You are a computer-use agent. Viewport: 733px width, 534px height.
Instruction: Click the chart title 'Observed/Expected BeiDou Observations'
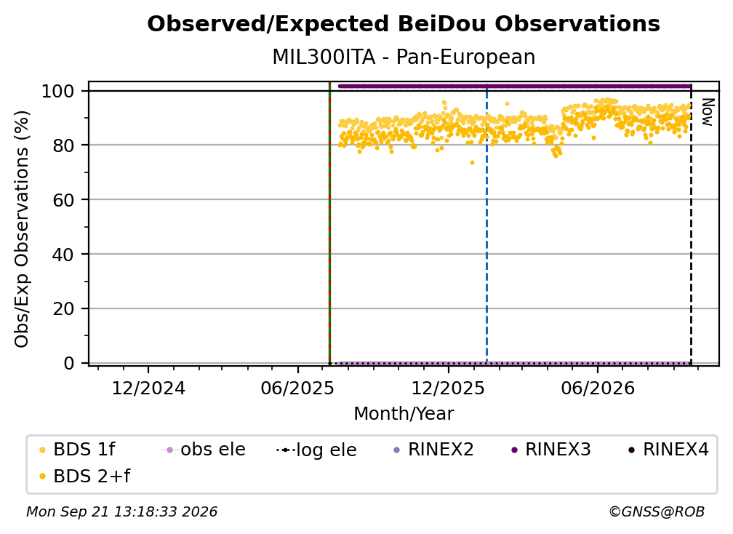(404, 24)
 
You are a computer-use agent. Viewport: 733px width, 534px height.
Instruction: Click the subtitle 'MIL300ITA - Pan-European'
(404, 57)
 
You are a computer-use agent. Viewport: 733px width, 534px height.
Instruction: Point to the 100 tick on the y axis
(58, 91)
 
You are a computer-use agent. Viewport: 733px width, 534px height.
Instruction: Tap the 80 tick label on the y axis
(63, 146)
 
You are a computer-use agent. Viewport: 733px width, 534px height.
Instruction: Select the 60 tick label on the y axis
(63, 200)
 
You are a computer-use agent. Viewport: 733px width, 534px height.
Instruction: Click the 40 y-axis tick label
(63, 255)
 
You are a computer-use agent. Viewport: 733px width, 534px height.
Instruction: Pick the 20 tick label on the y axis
(63, 309)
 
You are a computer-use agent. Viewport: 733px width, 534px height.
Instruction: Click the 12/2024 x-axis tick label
(148, 388)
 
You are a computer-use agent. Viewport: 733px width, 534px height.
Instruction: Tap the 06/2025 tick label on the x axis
(298, 388)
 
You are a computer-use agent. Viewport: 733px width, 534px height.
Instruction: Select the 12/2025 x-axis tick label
(448, 388)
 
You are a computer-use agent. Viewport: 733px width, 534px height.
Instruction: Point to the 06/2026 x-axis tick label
(598, 388)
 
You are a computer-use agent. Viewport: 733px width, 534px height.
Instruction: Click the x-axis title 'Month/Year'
(404, 414)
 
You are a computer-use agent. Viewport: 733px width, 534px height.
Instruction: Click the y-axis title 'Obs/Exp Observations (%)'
(22, 228)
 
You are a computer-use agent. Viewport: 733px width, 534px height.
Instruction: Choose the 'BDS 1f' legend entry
(77, 450)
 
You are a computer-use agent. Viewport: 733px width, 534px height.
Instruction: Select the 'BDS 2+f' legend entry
(84, 477)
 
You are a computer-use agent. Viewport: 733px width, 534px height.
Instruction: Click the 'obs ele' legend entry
(204, 450)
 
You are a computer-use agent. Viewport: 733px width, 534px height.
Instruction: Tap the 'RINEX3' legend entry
(551, 450)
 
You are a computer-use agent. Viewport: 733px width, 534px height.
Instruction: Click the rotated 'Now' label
(708, 112)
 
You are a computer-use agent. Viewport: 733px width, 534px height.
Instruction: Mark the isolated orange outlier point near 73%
(472, 163)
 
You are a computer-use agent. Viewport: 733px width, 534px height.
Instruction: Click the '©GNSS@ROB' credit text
(657, 512)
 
